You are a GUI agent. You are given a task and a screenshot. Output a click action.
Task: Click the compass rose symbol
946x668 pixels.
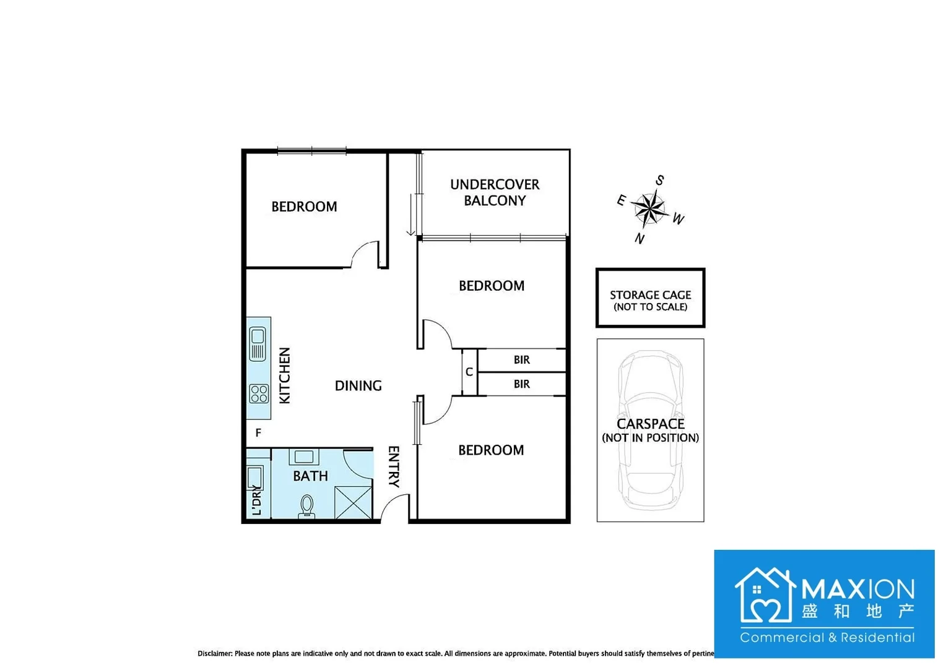(649, 209)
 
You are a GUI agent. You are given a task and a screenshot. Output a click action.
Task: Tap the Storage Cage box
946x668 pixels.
(650, 298)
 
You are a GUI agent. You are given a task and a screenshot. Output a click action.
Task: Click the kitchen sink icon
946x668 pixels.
(258, 344)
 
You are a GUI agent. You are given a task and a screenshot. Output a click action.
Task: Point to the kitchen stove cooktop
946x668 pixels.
(259, 393)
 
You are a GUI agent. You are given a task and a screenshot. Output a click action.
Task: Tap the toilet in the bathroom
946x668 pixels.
(307, 506)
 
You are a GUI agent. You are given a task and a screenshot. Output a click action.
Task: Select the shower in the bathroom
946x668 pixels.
(354, 502)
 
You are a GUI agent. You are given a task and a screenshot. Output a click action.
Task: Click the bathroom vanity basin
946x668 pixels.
(304, 457)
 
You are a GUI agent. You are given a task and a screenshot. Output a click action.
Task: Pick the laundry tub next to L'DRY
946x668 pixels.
(255, 477)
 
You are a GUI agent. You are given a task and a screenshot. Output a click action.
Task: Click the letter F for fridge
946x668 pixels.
(258, 433)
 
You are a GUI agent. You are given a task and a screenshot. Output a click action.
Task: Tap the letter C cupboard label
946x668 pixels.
(469, 372)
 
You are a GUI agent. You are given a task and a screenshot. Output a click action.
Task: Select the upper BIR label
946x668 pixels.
(521, 360)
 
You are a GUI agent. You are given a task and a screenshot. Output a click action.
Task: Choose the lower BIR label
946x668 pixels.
(521, 384)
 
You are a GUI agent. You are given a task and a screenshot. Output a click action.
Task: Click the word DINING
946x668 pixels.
(358, 386)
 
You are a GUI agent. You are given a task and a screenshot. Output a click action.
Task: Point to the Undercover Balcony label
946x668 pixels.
(495, 192)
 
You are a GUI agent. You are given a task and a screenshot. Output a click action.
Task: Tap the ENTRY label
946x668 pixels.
(394, 466)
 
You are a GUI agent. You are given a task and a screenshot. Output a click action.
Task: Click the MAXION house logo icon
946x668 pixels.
(765, 595)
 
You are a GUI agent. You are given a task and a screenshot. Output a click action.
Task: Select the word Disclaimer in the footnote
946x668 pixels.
(215, 653)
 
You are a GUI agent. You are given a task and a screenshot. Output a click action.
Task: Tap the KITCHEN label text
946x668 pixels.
(285, 375)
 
